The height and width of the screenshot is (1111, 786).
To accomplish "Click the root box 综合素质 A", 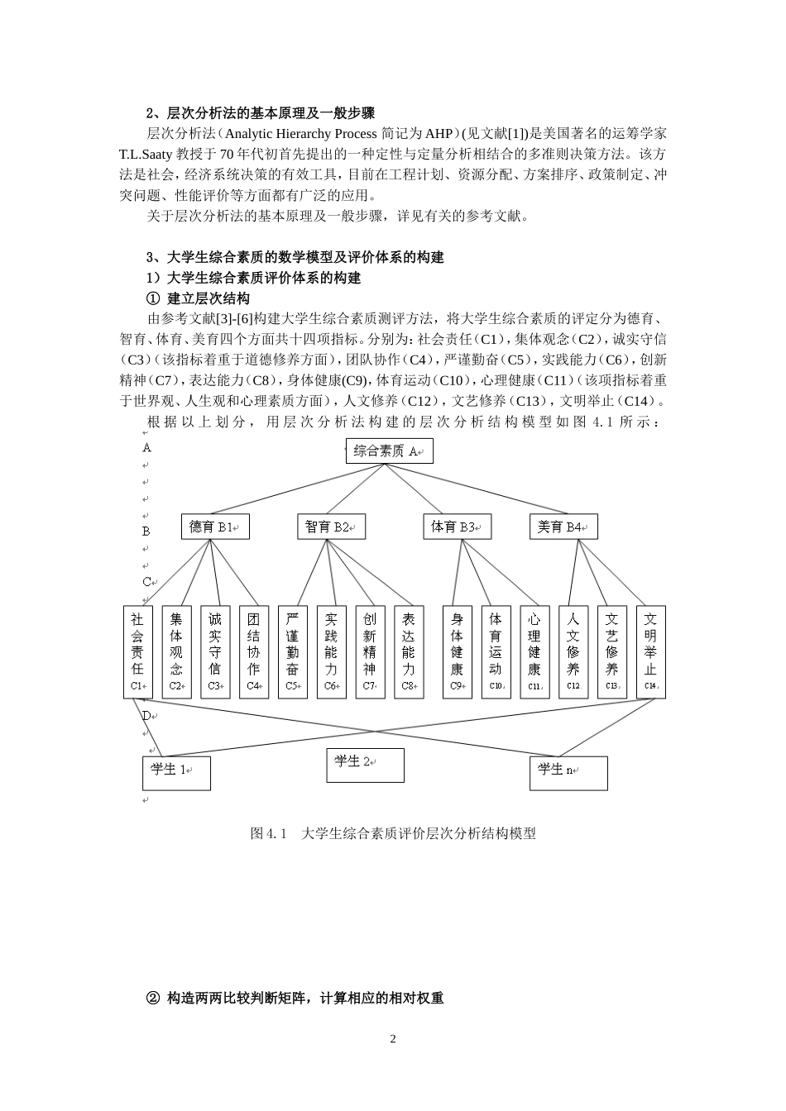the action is pos(389,451).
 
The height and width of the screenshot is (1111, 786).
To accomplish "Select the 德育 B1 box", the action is pos(215,527).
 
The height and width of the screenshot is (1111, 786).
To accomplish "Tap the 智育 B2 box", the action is pos(331,527).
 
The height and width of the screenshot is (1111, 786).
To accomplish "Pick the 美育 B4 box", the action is pos(563,527).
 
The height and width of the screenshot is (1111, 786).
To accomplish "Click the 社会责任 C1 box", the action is pos(137,652).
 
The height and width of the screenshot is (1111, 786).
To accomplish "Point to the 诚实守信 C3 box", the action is pos(215,652).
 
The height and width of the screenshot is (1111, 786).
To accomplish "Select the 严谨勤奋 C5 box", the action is pos(292,652).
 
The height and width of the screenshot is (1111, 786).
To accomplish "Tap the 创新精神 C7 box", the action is pos(370,652).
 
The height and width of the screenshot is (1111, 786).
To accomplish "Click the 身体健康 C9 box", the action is pos(457,652).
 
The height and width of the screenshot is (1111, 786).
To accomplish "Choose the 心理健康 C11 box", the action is pos(534,652).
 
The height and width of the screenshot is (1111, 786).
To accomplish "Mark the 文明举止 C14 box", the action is pos(650,652).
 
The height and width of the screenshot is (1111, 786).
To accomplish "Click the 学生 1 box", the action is pos(176,772).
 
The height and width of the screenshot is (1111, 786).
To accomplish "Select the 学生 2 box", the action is pos(365,765).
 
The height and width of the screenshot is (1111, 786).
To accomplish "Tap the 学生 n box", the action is pos(568,772).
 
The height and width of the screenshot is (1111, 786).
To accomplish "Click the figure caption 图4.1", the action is pos(393,833).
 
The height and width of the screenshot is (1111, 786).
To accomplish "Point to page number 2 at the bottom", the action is pos(393,1038).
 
